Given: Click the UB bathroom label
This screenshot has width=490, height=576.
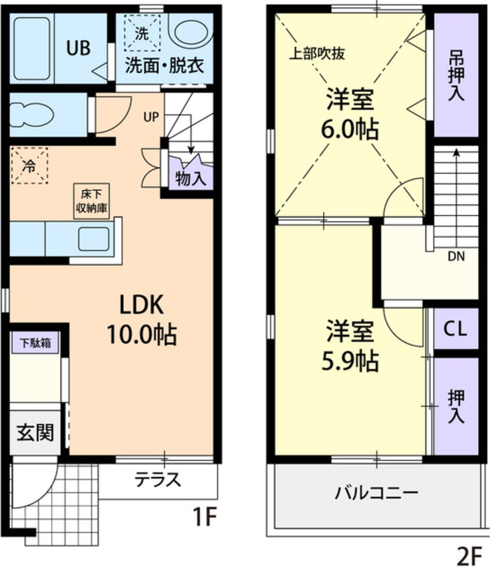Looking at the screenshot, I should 78,49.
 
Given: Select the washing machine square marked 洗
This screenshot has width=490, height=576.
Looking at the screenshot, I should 141,32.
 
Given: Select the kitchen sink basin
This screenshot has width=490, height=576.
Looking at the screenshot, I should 94,239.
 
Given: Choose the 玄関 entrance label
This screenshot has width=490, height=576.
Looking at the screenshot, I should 35,431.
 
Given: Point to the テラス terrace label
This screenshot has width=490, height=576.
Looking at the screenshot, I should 158,479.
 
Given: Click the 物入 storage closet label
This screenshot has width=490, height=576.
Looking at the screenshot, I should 190,179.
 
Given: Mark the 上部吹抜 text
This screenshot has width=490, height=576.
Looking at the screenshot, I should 317,54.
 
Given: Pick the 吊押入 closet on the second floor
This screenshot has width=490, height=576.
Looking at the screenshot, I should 456,75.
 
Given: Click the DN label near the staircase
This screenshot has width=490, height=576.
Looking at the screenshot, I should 455,255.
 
